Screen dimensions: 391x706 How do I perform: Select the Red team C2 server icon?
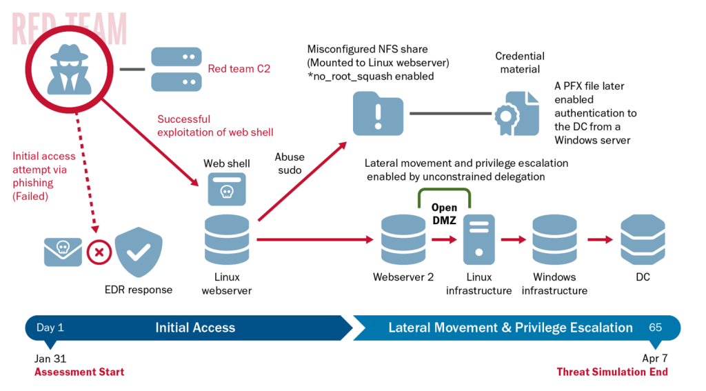(x=176, y=69)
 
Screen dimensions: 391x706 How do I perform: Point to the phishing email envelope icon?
(x=63, y=252)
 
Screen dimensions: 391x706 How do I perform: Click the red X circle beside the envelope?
(x=99, y=252)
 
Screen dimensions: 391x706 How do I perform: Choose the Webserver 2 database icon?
(x=403, y=240)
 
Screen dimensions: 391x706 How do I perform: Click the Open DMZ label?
(x=444, y=214)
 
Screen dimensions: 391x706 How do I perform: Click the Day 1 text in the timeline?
(x=50, y=328)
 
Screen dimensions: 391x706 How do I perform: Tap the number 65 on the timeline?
(x=655, y=327)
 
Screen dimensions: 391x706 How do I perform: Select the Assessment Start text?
(x=79, y=372)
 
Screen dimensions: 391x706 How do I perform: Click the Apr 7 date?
(x=655, y=358)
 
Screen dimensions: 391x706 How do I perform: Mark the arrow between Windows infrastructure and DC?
(x=600, y=240)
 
